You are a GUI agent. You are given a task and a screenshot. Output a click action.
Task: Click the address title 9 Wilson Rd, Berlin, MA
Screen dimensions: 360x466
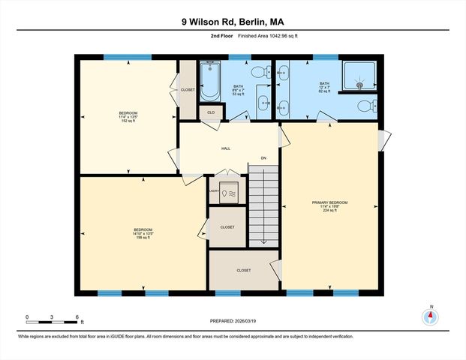(233, 22)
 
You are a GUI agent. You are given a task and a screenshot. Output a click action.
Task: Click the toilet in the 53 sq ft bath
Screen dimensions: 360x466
(259, 73)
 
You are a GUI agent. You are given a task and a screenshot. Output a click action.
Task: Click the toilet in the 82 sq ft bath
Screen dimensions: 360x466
(365, 104)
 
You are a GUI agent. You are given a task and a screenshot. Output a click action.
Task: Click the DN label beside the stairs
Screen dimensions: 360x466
(263, 158)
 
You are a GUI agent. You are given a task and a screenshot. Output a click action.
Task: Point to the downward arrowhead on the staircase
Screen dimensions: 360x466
(263, 241)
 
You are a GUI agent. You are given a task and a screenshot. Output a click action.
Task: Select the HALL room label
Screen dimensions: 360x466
(225, 148)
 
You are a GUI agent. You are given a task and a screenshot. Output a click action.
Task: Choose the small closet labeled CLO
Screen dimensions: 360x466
(211, 112)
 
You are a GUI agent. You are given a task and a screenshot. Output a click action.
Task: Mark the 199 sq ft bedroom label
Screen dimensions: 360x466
(143, 233)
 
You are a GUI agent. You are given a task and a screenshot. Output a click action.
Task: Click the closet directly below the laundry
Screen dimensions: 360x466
(227, 227)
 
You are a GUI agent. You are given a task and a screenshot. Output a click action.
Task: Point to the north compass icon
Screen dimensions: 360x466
(431, 316)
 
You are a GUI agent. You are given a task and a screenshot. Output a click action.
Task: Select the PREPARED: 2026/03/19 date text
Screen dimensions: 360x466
(233, 322)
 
